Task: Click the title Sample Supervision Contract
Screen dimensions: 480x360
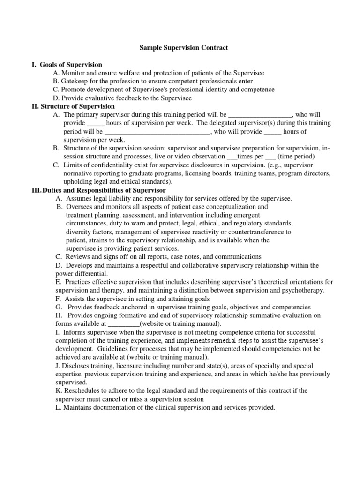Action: (184, 48)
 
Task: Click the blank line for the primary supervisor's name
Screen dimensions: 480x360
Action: (260, 115)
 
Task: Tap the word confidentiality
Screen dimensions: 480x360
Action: (107, 165)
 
